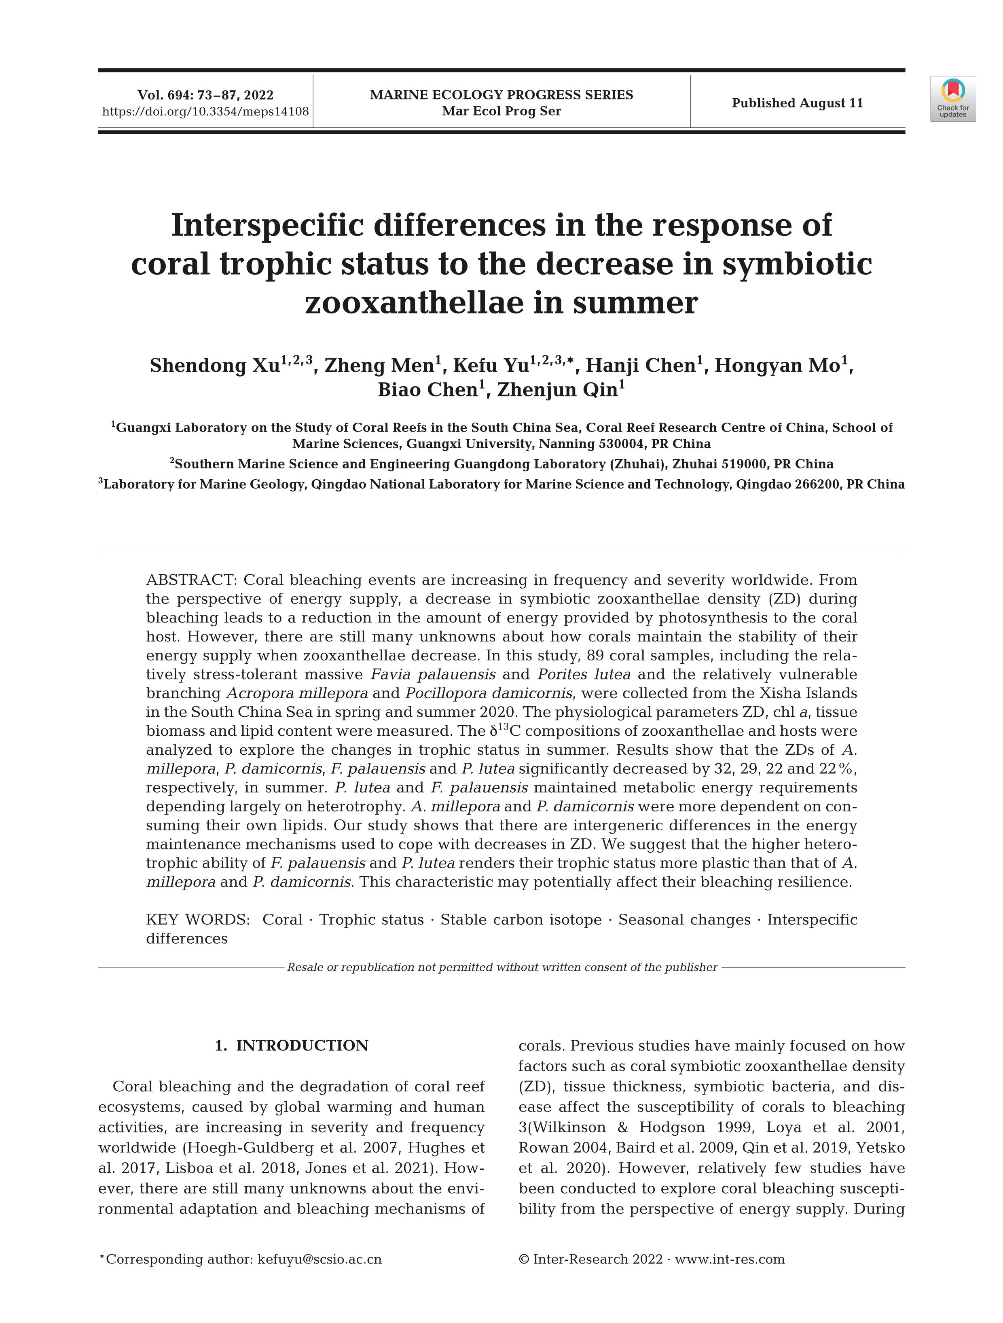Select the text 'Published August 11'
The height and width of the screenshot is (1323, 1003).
pyautogui.click(x=797, y=103)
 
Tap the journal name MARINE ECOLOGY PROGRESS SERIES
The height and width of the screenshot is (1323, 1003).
pyautogui.click(x=501, y=95)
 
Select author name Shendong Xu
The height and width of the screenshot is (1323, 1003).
pyautogui.click(x=214, y=366)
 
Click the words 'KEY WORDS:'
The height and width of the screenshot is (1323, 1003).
pyautogui.click(x=197, y=919)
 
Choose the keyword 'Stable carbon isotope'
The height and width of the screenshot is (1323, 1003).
pyautogui.click(x=521, y=919)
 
